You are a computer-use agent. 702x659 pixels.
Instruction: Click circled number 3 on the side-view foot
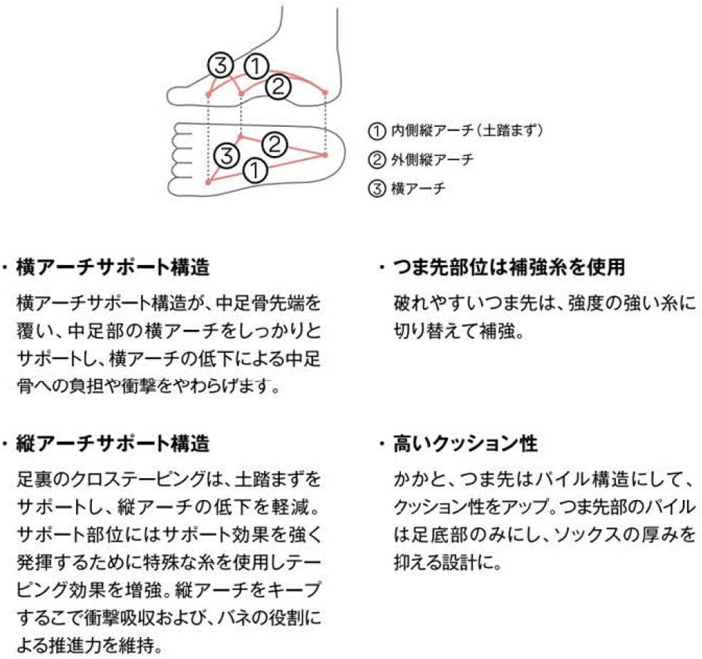(x=220, y=66)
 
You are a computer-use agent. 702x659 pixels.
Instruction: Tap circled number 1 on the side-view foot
(x=256, y=66)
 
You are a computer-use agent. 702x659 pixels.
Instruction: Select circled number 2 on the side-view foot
(x=278, y=86)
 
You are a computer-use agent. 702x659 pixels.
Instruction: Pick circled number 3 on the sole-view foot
(x=227, y=156)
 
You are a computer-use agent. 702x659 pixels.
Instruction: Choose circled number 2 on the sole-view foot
(x=274, y=144)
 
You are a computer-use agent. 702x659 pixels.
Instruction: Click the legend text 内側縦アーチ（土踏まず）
(x=467, y=130)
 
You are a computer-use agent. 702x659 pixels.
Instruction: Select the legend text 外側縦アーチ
(x=432, y=160)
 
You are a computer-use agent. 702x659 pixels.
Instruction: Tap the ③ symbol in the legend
(x=377, y=189)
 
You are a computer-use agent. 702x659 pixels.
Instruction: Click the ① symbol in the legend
(x=377, y=131)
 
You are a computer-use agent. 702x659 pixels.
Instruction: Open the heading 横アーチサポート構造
(x=112, y=267)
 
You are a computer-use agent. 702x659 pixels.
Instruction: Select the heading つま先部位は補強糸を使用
(x=509, y=267)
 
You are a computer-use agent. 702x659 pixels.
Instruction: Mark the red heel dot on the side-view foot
(x=325, y=93)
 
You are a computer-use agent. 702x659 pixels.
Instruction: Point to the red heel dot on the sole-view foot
(x=325, y=155)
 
